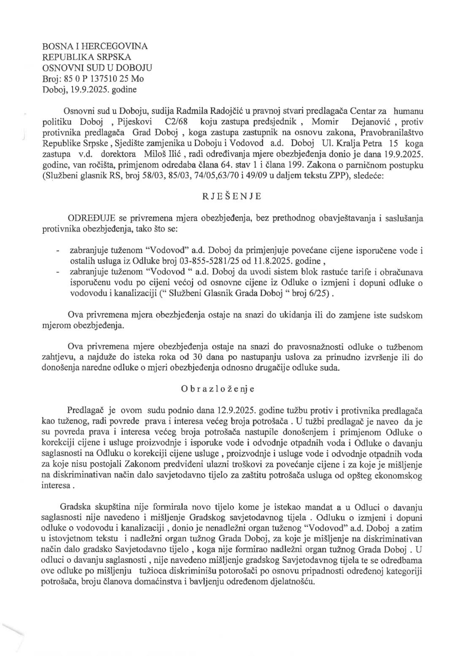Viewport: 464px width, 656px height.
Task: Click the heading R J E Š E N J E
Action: click(x=232, y=196)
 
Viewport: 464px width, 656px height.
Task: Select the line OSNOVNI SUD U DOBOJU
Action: click(x=97, y=67)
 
